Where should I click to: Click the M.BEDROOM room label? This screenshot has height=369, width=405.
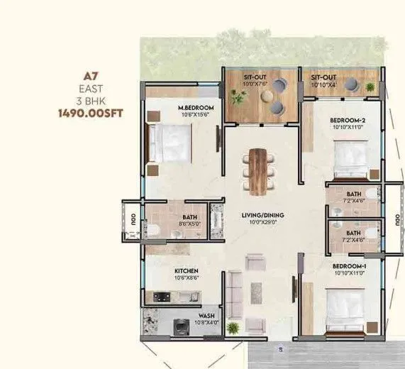(x=195, y=108)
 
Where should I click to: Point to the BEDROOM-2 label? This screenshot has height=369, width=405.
(x=348, y=121)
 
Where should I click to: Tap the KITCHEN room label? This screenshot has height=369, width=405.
(x=187, y=271)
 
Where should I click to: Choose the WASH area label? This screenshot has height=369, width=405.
(x=206, y=315)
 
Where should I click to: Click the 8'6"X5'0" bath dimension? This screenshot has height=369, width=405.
(x=191, y=224)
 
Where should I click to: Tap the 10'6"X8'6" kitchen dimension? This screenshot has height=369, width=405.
(x=187, y=279)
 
